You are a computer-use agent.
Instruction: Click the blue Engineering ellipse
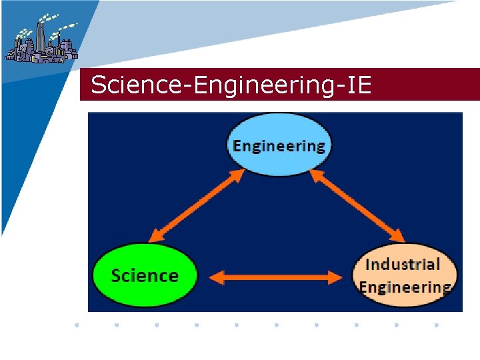(279, 145)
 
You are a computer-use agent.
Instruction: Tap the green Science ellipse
(145, 275)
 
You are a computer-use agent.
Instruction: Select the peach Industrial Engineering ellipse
(405, 275)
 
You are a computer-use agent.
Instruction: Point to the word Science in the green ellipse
(145, 275)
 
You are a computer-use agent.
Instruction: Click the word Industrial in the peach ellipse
(403, 264)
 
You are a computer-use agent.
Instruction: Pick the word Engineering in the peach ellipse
(405, 287)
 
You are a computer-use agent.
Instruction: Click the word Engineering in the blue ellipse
(279, 145)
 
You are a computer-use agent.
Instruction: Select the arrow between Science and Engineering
(195, 205)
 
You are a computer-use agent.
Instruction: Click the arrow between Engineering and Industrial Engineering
(357, 205)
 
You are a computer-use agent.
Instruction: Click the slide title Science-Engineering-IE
(231, 85)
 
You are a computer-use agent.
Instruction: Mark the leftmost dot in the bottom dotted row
(77, 325)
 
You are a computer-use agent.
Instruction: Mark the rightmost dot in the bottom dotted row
(436, 325)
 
